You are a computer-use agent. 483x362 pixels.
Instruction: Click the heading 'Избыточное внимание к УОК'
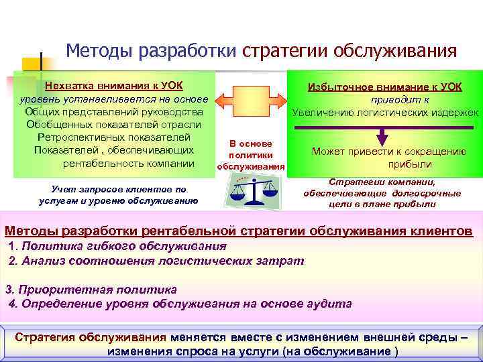(384, 87)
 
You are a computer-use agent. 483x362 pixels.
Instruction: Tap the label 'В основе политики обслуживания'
(251, 154)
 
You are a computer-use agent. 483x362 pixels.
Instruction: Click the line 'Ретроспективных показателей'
(112, 137)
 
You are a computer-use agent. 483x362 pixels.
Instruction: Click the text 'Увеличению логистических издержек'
(385, 113)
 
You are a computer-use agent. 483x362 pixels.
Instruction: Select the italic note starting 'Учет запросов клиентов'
(117, 194)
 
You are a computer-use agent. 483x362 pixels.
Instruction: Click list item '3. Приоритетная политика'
(91, 290)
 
